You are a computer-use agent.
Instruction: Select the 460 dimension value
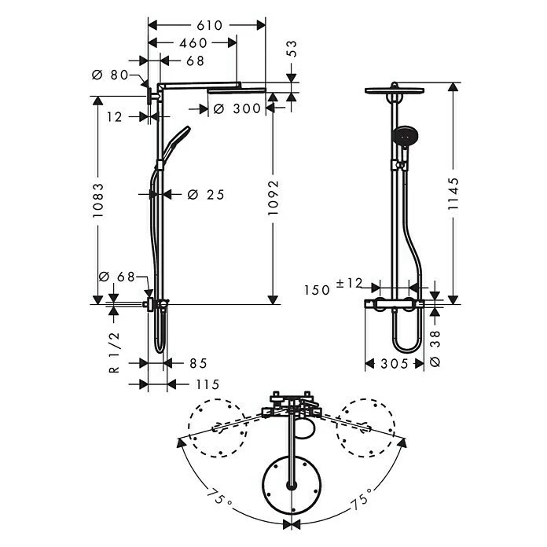(x=193, y=43)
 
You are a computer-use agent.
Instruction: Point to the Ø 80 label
(x=110, y=75)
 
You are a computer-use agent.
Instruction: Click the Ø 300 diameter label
(x=236, y=109)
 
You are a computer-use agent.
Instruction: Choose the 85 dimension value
(x=198, y=364)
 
